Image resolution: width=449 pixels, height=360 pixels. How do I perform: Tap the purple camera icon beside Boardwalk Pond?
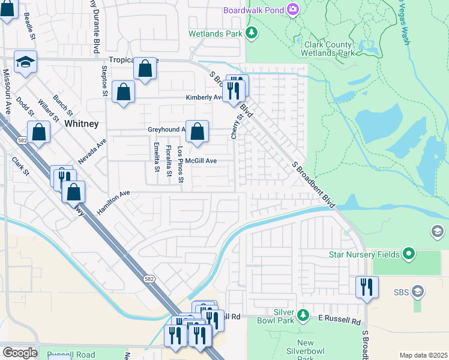pos(292,9)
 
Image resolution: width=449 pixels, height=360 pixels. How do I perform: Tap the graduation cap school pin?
pos(26,62)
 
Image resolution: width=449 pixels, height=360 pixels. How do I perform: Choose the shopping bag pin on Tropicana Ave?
pos(145,68)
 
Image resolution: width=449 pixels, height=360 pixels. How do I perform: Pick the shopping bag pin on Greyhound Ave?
pos(197,131)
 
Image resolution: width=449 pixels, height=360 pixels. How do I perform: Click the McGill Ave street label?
pos(200,161)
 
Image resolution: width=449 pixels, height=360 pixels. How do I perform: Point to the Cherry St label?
pos(235,127)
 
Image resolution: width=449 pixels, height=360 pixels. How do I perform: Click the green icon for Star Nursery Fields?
pos(409,254)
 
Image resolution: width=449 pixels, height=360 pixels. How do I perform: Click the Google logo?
pos(19,353)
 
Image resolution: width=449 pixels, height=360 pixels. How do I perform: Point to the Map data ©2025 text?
pos(423,355)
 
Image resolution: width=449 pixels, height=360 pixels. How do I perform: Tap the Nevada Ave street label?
pos(92,152)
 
